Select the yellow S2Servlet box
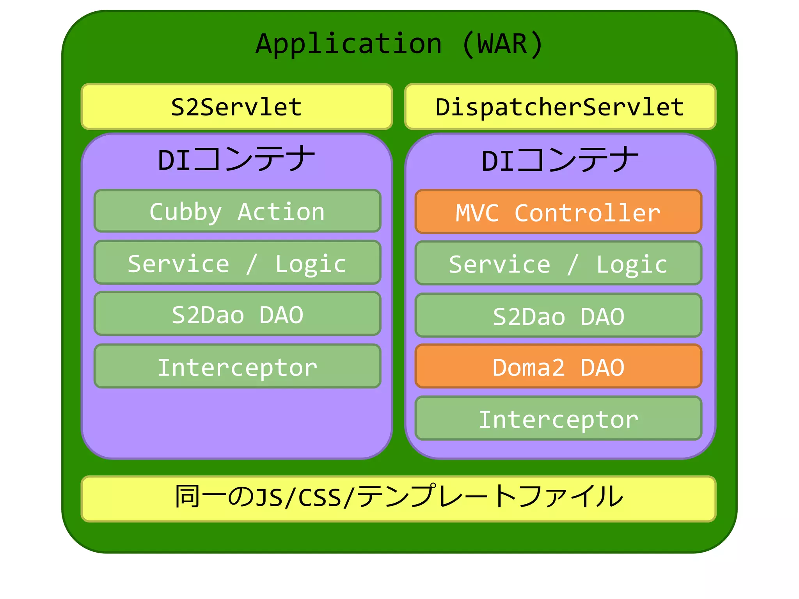coord(237,106)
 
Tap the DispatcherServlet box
coord(560,106)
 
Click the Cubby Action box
coord(237,211)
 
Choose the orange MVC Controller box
coord(558,212)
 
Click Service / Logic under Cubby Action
coord(237,263)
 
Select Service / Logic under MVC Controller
coord(558,264)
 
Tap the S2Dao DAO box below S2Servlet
coord(237,314)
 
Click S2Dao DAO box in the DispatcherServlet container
coord(558,315)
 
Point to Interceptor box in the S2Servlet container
coord(237,367)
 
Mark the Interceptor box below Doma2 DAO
coord(558,418)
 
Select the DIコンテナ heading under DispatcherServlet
coord(560,160)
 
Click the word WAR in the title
coord(502,44)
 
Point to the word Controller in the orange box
coord(587,213)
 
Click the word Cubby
coord(185,212)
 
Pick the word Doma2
coord(528,367)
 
